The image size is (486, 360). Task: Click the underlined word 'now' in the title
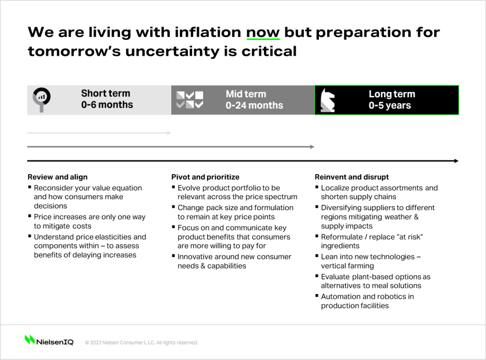[263, 33]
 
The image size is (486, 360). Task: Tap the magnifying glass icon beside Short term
[42, 99]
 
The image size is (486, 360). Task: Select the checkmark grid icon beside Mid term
[190, 100]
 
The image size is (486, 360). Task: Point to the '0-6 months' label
[107, 105]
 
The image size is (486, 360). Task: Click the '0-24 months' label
[254, 105]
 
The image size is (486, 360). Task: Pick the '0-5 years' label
[390, 105]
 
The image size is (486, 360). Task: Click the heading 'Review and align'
[57, 177]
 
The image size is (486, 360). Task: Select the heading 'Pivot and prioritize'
[205, 177]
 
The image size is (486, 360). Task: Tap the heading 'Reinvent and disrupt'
[352, 177]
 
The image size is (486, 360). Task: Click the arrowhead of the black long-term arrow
[456, 161]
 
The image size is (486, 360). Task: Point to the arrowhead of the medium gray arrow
[312, 147]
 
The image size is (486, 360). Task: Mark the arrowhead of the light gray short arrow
[169, 133]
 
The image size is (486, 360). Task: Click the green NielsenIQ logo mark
[30, 340]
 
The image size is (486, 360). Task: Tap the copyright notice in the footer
[141, 342]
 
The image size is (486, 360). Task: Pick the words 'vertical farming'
[347, 266]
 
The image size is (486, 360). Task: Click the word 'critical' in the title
[269, 51]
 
